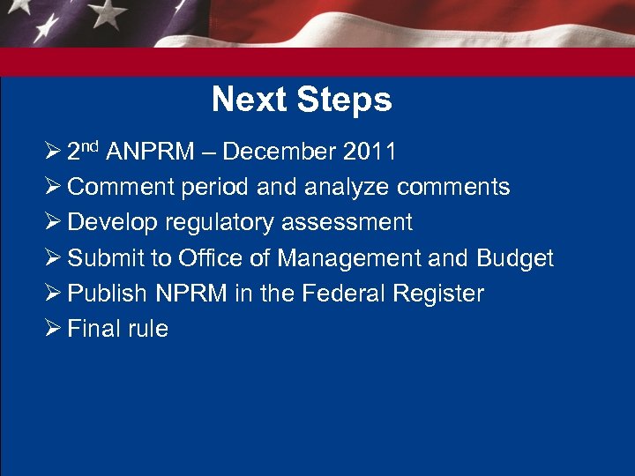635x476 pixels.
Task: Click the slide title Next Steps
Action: (x=302, y=100)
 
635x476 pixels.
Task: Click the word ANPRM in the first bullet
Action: (x=151, y=152)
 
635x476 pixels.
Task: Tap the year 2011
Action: (x=370, y=152)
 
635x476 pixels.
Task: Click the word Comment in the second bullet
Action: (x=119, y=187)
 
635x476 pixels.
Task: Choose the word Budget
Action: (x=515, y=258)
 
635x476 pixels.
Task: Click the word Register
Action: (x=437, y=294)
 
